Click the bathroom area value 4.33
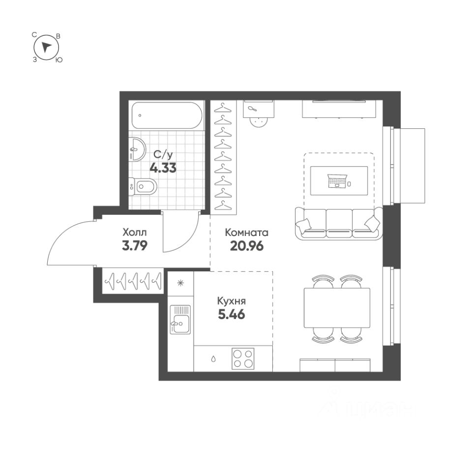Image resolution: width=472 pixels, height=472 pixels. pos(163,167)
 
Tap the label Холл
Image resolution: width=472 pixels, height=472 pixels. pos(134,232)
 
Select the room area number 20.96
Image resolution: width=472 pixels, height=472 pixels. pos(246,245)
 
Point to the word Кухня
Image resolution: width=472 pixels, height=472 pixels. pos(232,301)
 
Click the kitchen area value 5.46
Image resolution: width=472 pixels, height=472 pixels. pos(232,313)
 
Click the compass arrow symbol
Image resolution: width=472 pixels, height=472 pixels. pos(46,47)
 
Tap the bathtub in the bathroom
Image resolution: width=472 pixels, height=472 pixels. pos(167,117)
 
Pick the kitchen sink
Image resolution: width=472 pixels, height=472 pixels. pos(180,320)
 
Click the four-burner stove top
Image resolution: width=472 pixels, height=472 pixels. pos(243,358)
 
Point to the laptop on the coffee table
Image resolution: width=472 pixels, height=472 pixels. pos(337,181)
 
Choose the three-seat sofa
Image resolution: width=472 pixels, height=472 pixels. pos(339,223)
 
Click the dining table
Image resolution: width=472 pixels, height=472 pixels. pos(337,309)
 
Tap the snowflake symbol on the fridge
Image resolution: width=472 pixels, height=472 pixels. pos(180,283)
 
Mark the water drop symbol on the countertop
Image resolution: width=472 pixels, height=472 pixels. pos(213,358)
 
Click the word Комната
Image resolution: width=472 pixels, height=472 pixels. pos(246,233)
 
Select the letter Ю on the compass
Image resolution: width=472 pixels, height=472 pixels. pos(59,59)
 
